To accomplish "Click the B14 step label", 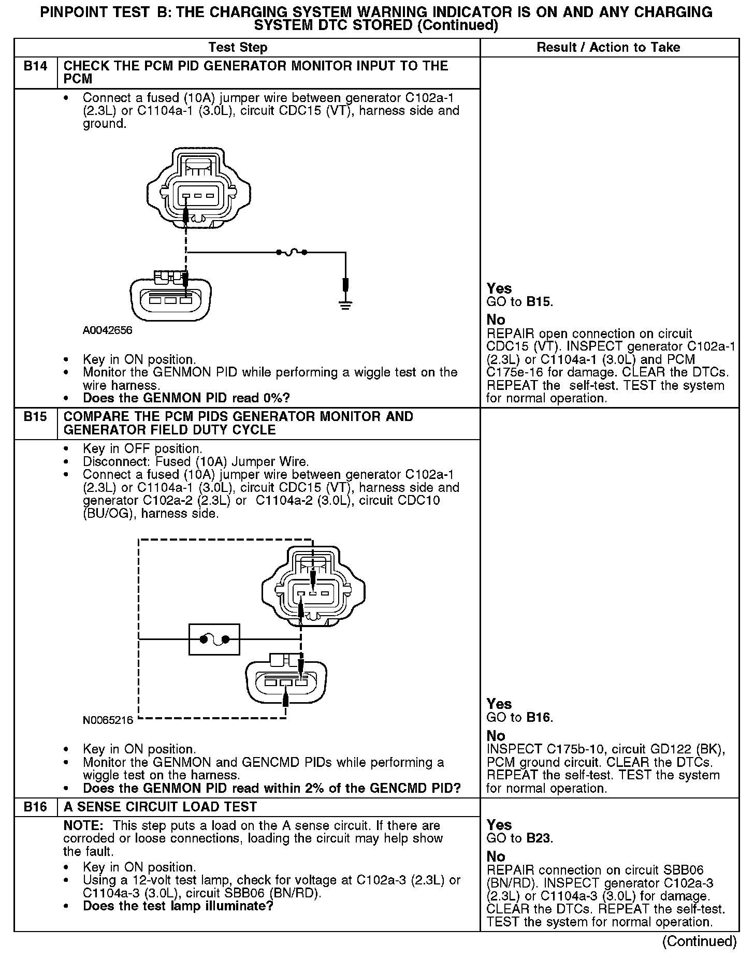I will (35, 66).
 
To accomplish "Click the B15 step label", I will (35, 417).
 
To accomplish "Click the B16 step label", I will (35, 807).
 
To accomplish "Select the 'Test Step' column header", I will (238, 48).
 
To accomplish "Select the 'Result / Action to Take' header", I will (608, 48).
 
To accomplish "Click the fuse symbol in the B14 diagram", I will (291, 252).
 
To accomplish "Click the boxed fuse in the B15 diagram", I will (214, 640).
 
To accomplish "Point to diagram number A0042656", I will (107, 330).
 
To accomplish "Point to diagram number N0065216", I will (107, 720).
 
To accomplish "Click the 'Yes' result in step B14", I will (499, 288).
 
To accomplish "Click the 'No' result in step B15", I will (496, 735).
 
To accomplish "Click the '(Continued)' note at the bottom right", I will (699, 941).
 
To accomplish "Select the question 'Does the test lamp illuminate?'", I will (178, 906).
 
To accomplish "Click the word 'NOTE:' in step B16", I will (85, 825).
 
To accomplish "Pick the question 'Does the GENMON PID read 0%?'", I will (186, 398).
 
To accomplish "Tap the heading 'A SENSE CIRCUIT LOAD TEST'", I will (160, 807).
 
